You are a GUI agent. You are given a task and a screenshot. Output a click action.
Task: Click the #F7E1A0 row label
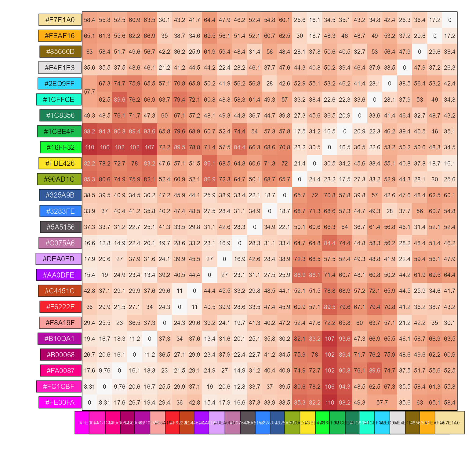(x=60, y=20)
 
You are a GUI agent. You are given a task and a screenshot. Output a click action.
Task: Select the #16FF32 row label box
(x=61, y=147)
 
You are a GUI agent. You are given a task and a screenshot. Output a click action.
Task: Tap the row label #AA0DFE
(x=59, y=275)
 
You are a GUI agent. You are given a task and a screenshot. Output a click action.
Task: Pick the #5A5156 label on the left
(x=61, y=227)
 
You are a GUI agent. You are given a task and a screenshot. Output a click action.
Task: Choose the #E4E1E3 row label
(x=60, y=68)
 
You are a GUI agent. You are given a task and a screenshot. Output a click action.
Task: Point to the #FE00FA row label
(x=60, y=402)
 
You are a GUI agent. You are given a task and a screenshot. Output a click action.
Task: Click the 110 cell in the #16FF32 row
(x=89, y=147)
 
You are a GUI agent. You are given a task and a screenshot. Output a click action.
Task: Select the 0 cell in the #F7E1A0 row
(x=449, y=20)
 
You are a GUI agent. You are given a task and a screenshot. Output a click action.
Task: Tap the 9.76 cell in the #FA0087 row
(x=104, y=370)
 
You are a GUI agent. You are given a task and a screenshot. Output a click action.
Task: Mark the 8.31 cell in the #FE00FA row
(x=104, y=402)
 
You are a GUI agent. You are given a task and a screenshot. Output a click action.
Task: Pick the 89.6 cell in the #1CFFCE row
(x=119, y=100)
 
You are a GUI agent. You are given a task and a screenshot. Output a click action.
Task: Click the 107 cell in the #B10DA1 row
(x=329, y=339)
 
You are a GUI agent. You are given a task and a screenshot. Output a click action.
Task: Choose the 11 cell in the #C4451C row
(x=180, y=291)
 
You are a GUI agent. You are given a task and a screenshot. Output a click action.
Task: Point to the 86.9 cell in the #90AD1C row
(x=209, y=179)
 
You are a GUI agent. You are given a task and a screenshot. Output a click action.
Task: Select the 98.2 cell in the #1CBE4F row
(x=89, y=131)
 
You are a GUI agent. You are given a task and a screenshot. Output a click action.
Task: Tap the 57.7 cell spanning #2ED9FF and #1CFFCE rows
(x=89, y=92)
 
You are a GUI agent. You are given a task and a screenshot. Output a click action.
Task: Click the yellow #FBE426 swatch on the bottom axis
(x=307, y=423)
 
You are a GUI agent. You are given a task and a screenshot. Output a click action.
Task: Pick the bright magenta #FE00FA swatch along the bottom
(x=82, y=423)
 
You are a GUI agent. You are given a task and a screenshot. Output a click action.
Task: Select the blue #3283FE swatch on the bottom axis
(x=263, y=423)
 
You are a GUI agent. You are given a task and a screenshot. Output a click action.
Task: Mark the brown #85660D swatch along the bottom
(x=413, y=423)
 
